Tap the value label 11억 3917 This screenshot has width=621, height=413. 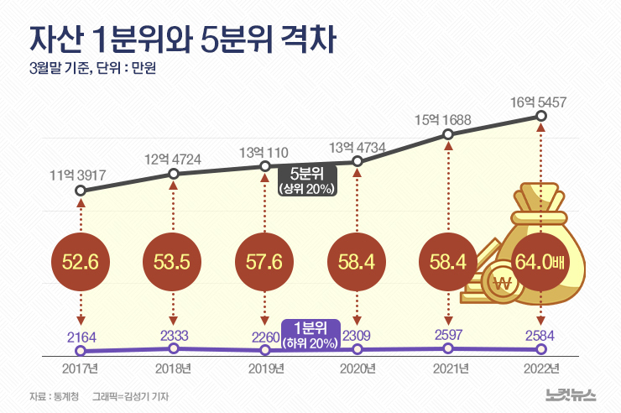coord(81,175)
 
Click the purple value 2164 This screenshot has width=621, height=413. coord(81,336)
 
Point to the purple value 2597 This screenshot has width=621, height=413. coord(449,333)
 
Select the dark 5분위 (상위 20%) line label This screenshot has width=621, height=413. coord(307,181)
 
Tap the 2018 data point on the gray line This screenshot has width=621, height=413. coord(173,175)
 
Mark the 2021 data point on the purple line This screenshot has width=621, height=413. coord(449,348)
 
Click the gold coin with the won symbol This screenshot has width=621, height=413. coord(504,283)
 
